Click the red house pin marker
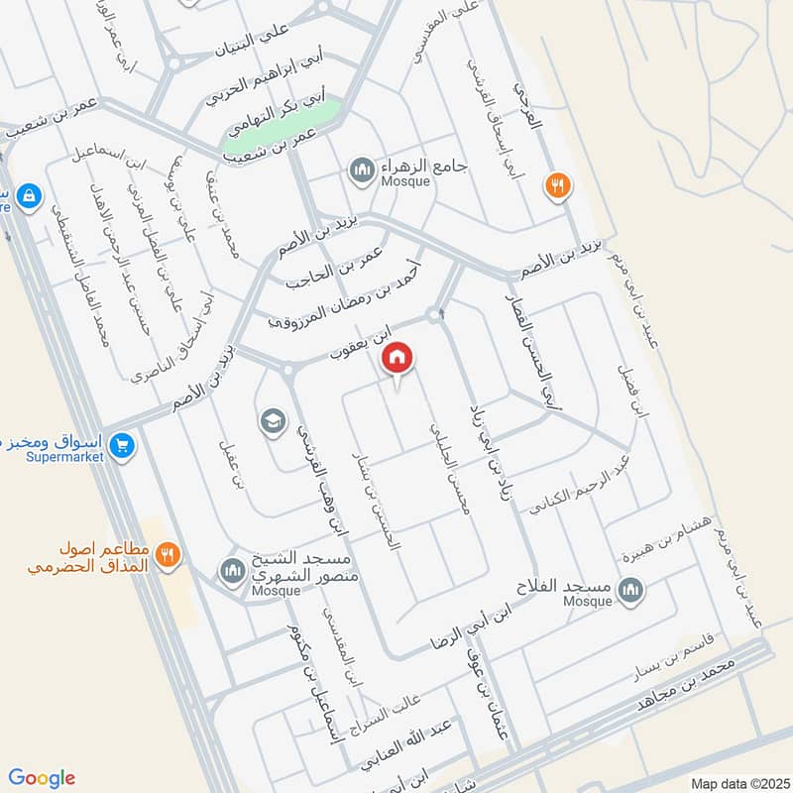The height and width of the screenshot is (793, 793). [x=397, y=357]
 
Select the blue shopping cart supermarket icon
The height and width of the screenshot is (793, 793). [x=123, y=447]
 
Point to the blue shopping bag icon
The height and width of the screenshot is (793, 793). [x=29, y=195]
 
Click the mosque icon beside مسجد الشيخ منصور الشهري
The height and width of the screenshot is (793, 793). [x=231, y=572]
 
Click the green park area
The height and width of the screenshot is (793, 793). [x=281, y=128]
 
